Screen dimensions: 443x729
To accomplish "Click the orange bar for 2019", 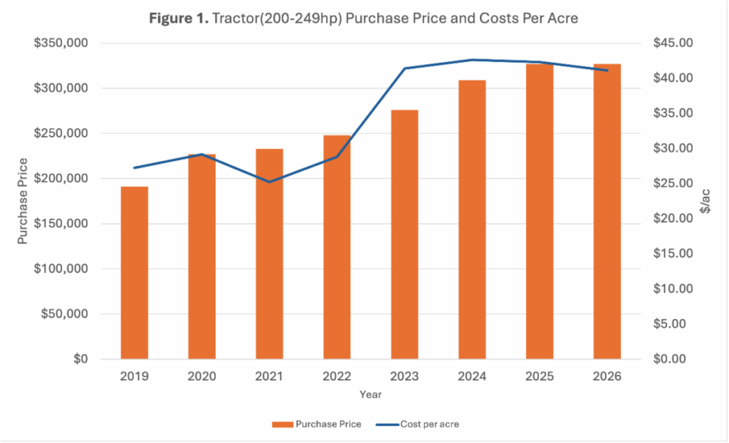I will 134,273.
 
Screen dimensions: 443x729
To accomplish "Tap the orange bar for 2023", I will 404,234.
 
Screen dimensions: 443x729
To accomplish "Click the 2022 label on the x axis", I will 337,376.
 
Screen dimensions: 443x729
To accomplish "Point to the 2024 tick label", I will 472,376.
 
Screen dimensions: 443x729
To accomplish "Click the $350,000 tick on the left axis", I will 61,43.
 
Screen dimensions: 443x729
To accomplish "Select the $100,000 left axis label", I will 61,269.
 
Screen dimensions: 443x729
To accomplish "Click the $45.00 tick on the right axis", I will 673,43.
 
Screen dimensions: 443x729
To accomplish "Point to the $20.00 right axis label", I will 673,219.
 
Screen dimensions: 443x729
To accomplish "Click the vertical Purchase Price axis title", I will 23,201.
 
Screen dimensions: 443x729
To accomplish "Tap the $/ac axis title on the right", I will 706,201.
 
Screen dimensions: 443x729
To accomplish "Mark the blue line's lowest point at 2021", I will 269,182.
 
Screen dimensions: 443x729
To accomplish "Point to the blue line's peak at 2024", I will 472,60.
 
